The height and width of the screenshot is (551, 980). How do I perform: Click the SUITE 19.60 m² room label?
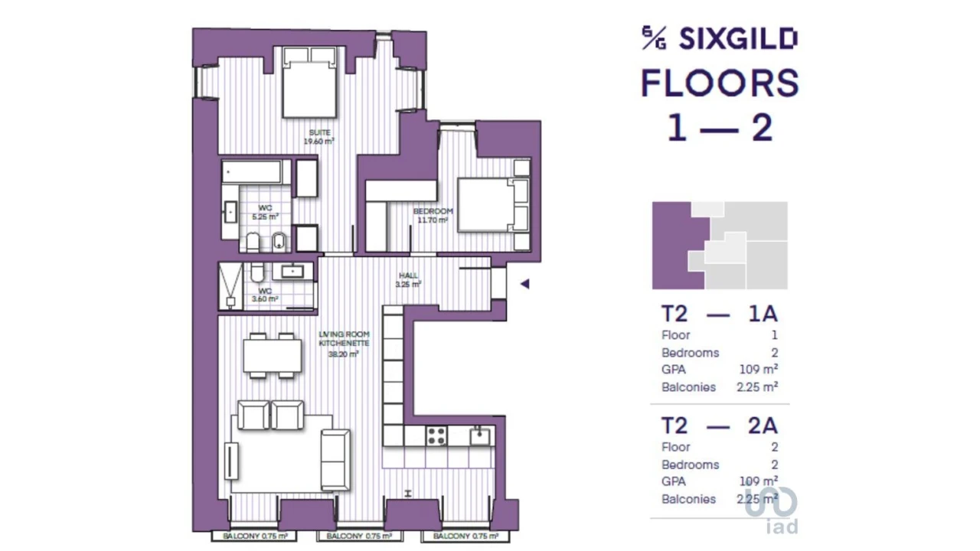click(320, 137)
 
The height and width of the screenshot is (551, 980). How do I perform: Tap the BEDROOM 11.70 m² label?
click(433, 215)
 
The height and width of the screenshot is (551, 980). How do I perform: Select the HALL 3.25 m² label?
click(408, 279)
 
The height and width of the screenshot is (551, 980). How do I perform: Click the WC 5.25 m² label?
click(265, 212)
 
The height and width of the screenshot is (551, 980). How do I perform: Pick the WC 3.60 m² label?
click(265, 295)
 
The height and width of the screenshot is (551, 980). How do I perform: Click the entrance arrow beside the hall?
click(524, 284)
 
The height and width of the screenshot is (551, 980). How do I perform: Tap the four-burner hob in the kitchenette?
click(436, 436)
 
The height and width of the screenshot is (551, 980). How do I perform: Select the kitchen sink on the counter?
click(480, 436)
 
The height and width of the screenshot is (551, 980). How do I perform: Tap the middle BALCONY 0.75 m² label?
click(359, 536)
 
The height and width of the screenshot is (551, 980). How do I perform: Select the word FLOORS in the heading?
click(720, 83)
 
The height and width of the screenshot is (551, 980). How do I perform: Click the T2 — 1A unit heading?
click(719, 314)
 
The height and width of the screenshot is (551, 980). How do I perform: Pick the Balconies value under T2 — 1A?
click(757, 387)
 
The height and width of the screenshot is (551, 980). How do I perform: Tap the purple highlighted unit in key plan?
click(674, 245)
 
